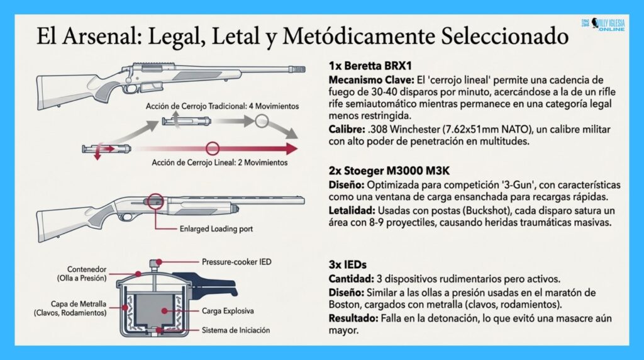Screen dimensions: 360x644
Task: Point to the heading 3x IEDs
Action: pyautogui.click(x=350, y=264)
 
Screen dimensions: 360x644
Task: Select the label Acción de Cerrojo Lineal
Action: pyautogui.click(x=220, y=162)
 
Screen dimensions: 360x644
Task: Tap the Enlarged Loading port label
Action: pyautogui.click(x=217, y=229)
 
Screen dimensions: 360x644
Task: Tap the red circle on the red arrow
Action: pyautogui.click(x=213, y=149)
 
